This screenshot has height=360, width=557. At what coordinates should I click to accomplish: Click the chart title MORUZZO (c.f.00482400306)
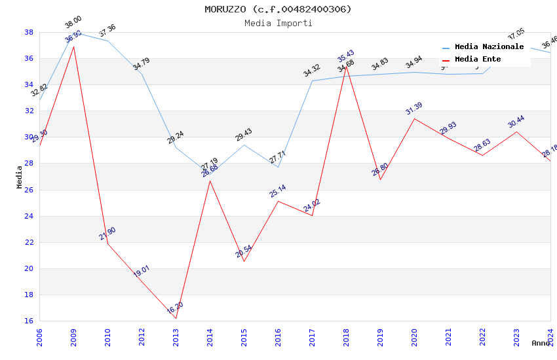coord(278,9)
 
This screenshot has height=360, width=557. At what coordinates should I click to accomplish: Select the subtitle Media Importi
coord(278,23)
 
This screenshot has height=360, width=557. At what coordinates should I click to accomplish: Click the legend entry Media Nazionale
coord(489,47)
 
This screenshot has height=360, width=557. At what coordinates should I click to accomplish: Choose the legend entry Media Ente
coord(478,60)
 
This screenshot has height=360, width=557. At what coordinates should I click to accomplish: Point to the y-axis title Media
coord(20,177)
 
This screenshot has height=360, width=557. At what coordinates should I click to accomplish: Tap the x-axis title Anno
coord(541,343)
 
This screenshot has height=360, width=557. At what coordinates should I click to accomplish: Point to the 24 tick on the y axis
coord(29,216)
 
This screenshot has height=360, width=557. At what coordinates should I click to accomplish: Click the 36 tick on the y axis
coord(29,58)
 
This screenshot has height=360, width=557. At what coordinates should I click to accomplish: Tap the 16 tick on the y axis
coord(29,321)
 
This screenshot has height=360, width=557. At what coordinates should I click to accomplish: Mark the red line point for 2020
coord(414,118)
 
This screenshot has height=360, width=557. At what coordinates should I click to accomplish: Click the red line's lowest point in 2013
coord(176,318)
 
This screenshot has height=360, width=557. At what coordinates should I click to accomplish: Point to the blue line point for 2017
coord(312,81)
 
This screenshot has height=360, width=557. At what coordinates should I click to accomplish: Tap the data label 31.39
coord(413,108)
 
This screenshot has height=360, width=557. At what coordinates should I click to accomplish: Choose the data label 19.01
coord(142,272)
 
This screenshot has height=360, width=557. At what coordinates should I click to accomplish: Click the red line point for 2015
coord(244,261)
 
